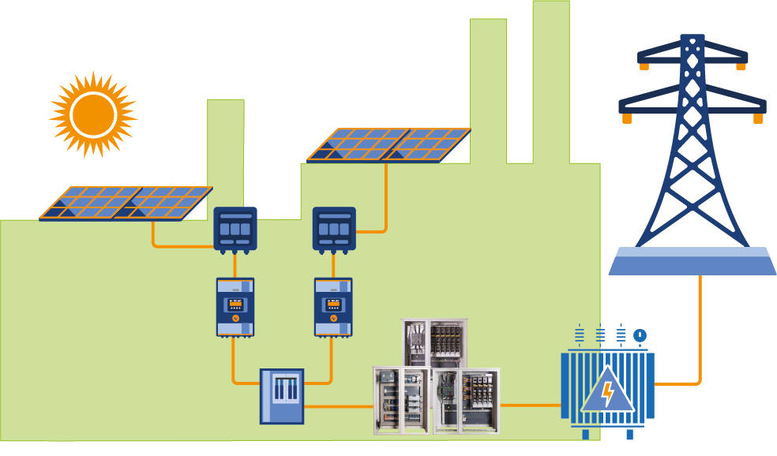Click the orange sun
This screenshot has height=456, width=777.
93,115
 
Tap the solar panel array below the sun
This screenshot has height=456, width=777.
126,203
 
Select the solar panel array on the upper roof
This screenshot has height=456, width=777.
388,145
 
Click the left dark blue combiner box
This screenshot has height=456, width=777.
235,229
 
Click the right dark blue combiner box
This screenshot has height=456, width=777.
334,229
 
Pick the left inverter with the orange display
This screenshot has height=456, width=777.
235,306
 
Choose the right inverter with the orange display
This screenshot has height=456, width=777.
333,306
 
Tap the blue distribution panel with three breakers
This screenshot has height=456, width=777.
282,396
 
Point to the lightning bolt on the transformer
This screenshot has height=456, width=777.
606,392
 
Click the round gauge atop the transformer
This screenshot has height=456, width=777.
640,335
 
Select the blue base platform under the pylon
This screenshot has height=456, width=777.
692,261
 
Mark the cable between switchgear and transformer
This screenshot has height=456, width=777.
531,406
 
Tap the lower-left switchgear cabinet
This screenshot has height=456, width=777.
402,400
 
